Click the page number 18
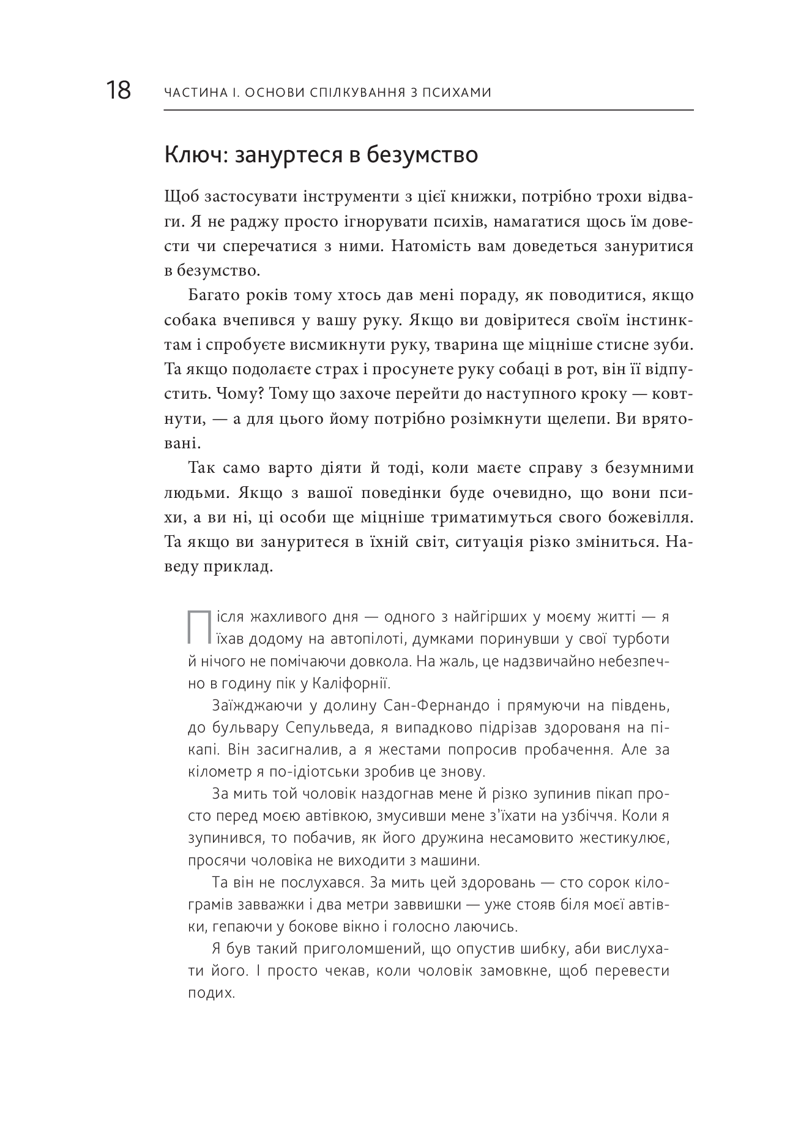pos(118,91)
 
